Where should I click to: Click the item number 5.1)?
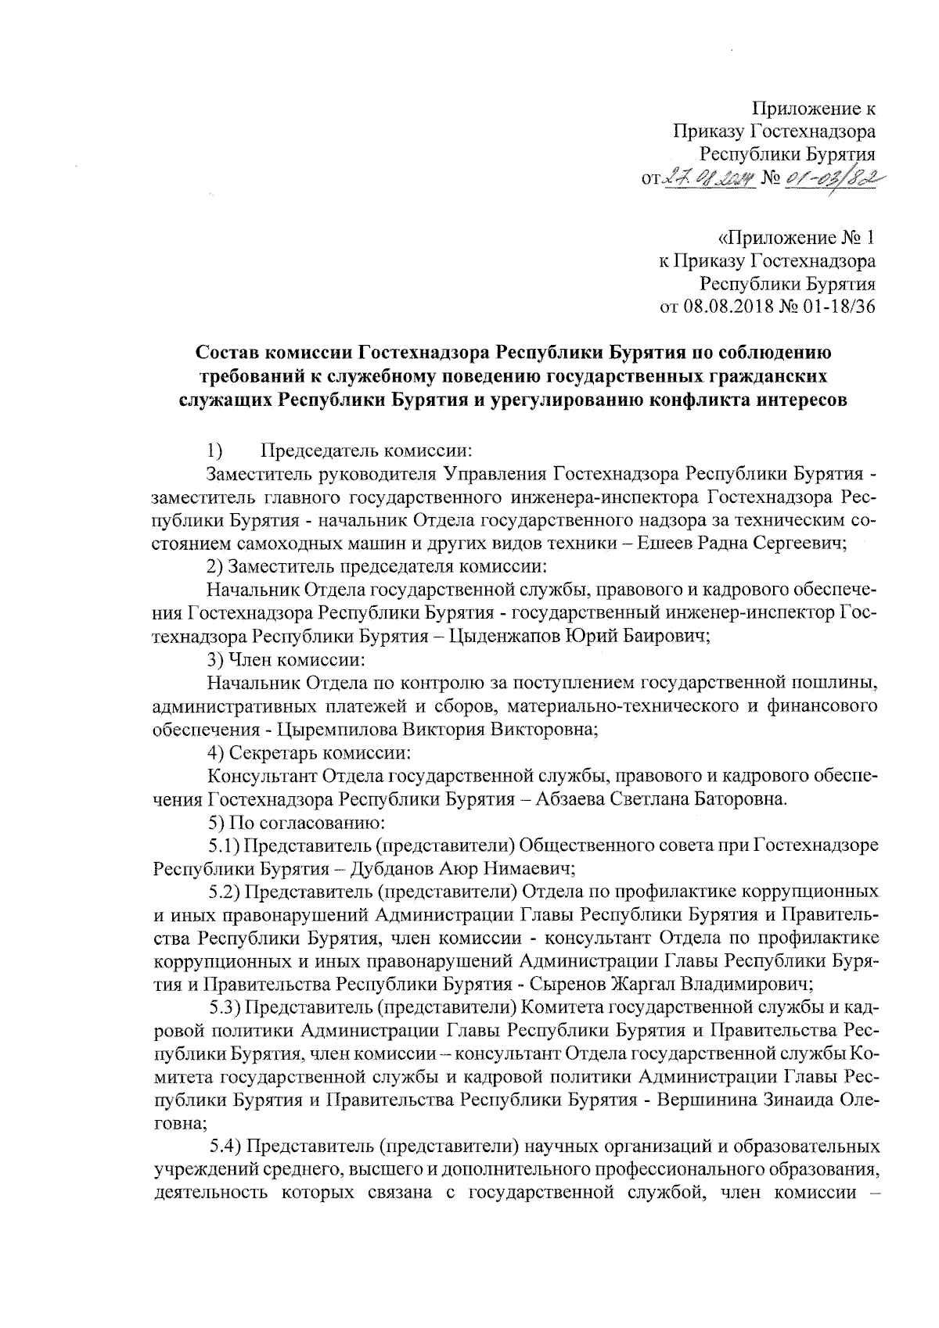point(228,845)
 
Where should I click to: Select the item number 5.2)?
point(228,891)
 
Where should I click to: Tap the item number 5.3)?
point(228,1006)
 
